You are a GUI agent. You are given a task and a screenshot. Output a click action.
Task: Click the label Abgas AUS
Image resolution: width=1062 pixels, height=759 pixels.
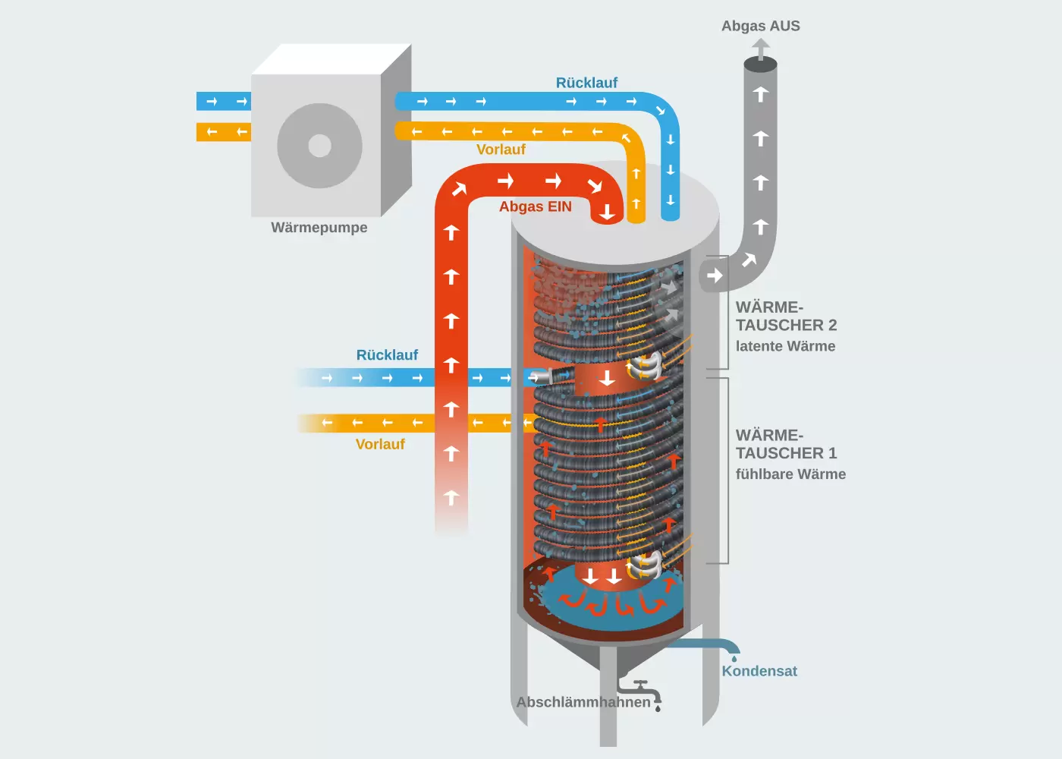pos(760,26)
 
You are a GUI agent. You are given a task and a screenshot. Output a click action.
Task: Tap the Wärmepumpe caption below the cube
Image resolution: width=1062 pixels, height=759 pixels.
pos(319,228)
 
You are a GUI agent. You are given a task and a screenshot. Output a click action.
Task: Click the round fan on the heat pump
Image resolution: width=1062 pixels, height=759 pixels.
pos(319,146)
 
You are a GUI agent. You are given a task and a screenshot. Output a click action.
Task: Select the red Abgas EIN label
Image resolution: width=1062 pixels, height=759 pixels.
pos(535,206)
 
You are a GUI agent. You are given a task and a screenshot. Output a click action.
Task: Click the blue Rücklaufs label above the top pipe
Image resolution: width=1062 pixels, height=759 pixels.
pos(586,83)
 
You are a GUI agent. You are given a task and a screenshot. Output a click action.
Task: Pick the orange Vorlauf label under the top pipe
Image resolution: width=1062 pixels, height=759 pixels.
pos(501,150)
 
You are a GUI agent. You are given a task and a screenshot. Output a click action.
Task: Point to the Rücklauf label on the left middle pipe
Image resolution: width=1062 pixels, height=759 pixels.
pos(387,355)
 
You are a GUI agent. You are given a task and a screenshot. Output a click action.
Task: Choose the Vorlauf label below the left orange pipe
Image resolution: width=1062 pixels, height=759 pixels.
pos(380,444)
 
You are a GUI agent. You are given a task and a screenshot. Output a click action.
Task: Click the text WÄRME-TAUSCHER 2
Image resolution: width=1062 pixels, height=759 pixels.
pos(786,317)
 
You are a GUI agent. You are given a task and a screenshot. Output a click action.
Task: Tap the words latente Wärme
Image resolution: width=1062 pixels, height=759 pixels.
pos(785,346)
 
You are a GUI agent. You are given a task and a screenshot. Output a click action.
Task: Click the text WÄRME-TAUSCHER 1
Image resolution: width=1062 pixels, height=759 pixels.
pos(786,445)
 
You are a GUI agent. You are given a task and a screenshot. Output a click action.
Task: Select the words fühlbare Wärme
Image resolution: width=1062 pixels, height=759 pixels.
pos(790,474)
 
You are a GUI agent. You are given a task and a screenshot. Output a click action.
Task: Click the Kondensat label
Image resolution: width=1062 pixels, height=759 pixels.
pos(759,671)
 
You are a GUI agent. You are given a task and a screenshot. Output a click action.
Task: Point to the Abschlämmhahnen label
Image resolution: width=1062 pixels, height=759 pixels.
pos(583,702)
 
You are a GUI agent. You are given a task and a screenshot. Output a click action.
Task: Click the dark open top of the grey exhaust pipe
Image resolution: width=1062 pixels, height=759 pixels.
pos(760,65)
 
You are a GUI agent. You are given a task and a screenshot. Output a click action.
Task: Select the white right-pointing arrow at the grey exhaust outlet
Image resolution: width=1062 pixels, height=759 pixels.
pos(715,276)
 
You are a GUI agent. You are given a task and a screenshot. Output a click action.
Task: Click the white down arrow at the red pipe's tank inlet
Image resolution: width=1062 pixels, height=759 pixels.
pos(607,213)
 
